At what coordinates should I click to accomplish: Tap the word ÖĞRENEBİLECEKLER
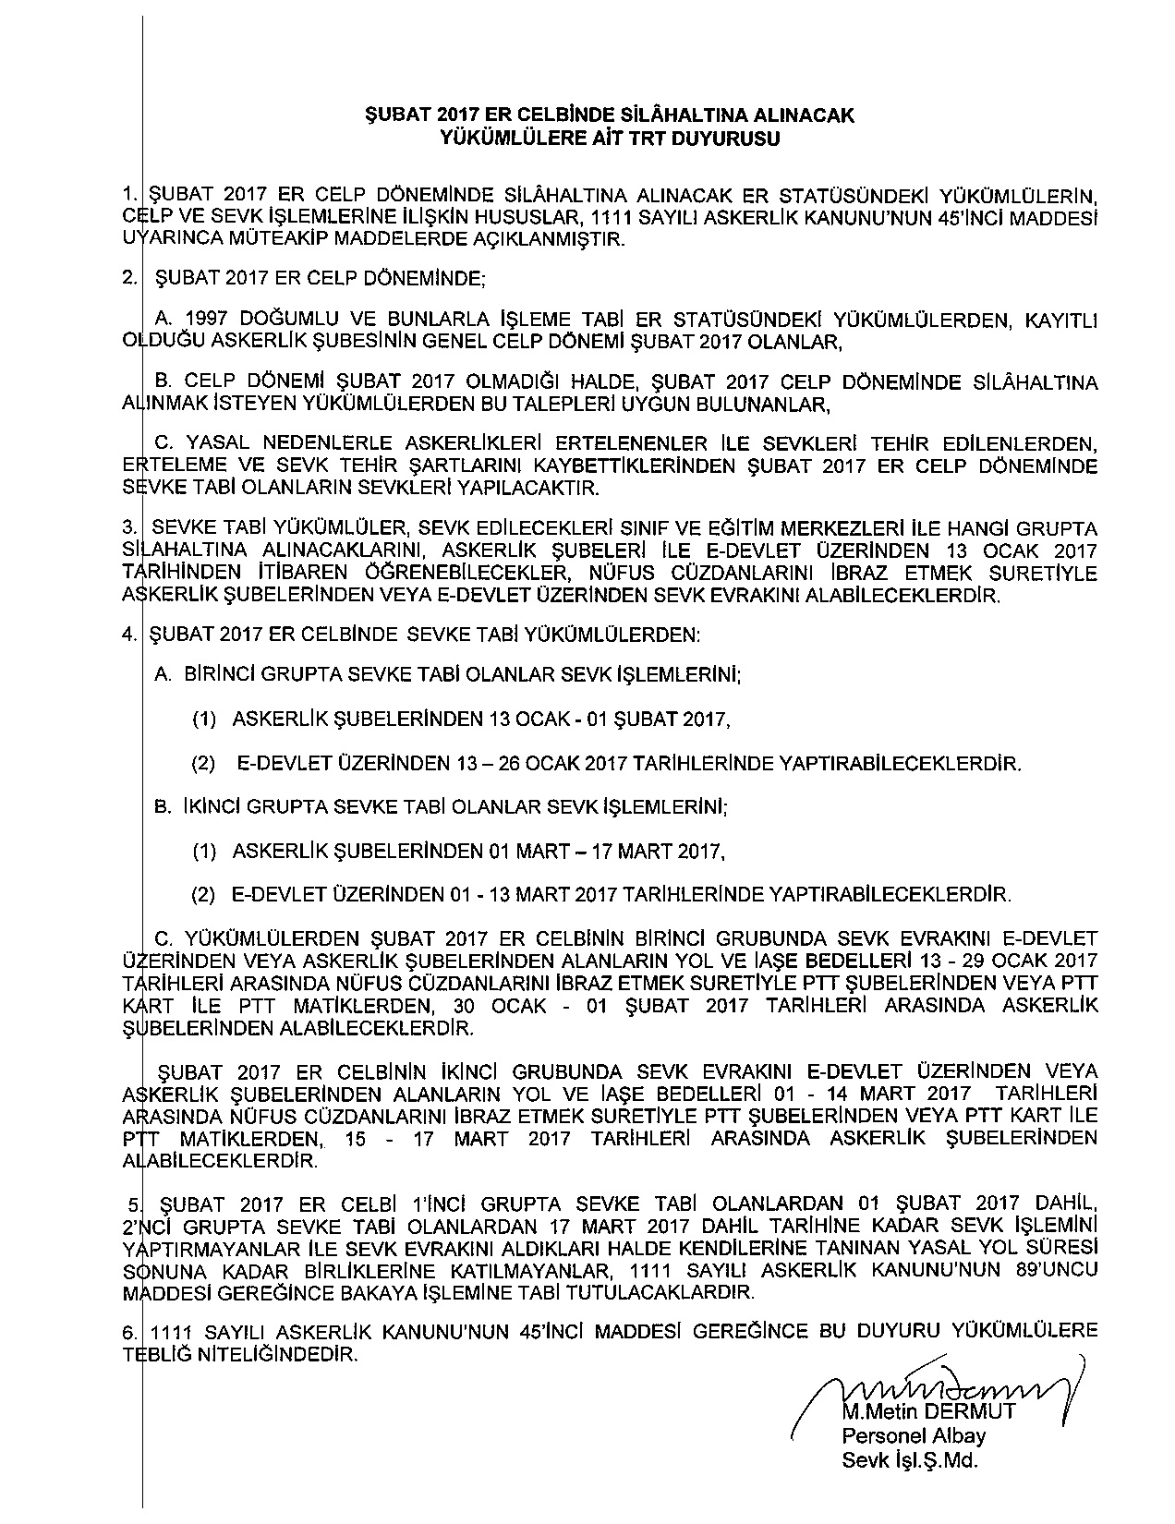click(x=430, y=573)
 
